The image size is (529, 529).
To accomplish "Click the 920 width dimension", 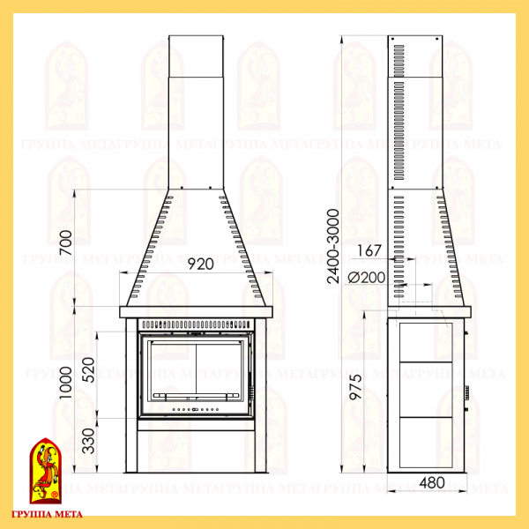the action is [201, 264].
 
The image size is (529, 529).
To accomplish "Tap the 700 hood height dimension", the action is [66, 242].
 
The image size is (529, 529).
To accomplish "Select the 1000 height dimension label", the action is [66, 383].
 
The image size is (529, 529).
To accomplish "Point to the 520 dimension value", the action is [88, 369].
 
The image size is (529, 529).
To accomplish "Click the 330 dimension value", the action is [88, 441].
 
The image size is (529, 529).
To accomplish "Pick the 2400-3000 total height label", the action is [333, 246].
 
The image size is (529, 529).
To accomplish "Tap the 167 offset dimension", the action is [369, 250].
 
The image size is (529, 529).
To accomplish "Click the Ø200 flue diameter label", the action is [367, 278].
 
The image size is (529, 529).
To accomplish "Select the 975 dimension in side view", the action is [355, 387].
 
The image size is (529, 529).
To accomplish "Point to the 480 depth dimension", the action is [432, 483].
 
